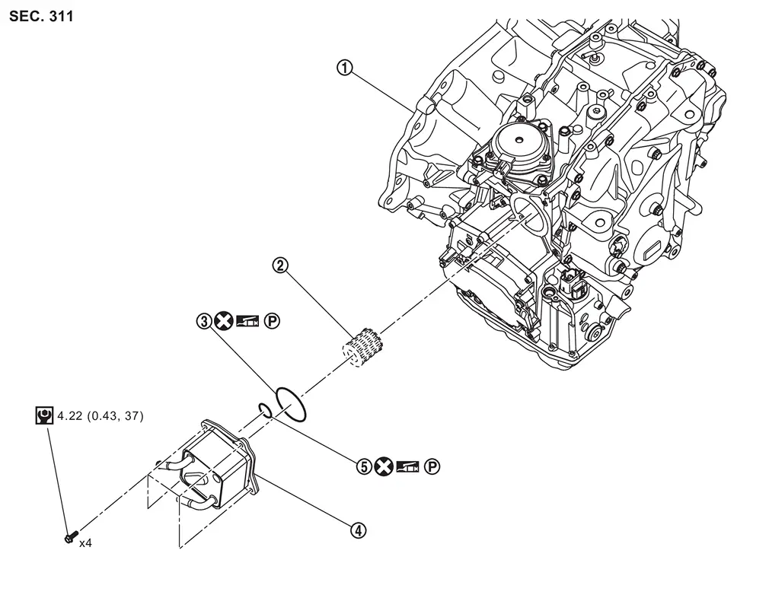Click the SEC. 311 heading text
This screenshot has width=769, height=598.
pos(42,16)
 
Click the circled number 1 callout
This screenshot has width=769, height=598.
pos(345,68)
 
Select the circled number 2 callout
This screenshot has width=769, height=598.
pos(280,265)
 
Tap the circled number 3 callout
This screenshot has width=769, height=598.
pos(203,322)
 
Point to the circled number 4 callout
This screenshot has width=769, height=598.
pos(359,530)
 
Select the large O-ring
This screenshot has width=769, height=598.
pos(291,403)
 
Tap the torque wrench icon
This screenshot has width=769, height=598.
pos(44,415)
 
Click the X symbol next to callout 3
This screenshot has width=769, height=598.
pos(222,322)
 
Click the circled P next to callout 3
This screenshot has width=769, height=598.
pos(272,322)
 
